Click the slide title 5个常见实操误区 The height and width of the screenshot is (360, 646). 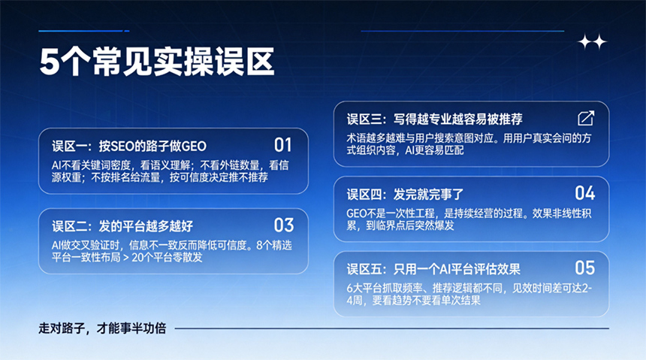(157, 62)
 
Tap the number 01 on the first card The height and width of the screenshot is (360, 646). (283, 145)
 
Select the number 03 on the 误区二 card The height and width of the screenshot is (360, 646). (284, 225)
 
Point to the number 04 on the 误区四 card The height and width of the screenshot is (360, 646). (585, 193)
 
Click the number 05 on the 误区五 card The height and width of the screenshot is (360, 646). (585, 268)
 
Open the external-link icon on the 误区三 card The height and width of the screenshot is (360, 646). (586, 118)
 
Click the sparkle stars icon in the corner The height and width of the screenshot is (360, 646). (593, 42)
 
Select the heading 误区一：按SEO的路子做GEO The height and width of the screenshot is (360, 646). (129, 146)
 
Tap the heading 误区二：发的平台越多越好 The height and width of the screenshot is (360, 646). (122, 226)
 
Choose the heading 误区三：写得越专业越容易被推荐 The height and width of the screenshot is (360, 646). (435, 119)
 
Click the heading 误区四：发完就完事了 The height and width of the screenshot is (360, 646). (405, 194)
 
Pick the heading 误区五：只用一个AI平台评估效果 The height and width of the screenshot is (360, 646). (433, 269)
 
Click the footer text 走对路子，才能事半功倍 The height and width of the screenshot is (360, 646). (102, 328)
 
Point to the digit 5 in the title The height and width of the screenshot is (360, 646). (50, 62)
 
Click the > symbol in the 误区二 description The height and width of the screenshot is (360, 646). (126, 258)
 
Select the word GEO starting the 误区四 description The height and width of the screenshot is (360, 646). (356, 213)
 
